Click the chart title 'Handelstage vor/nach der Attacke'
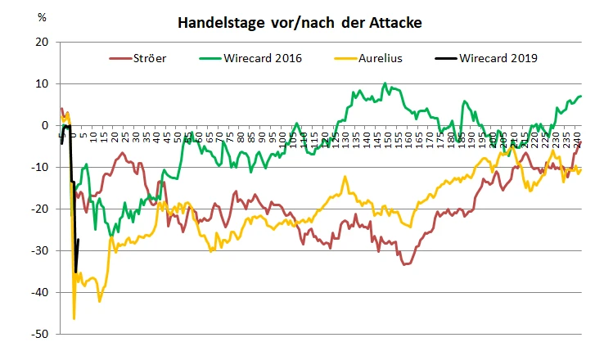(300, 23)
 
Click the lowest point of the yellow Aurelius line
(74, 318)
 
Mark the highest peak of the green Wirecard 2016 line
(385, 83)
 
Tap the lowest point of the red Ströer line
(403, 264)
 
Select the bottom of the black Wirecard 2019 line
(76, 272)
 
